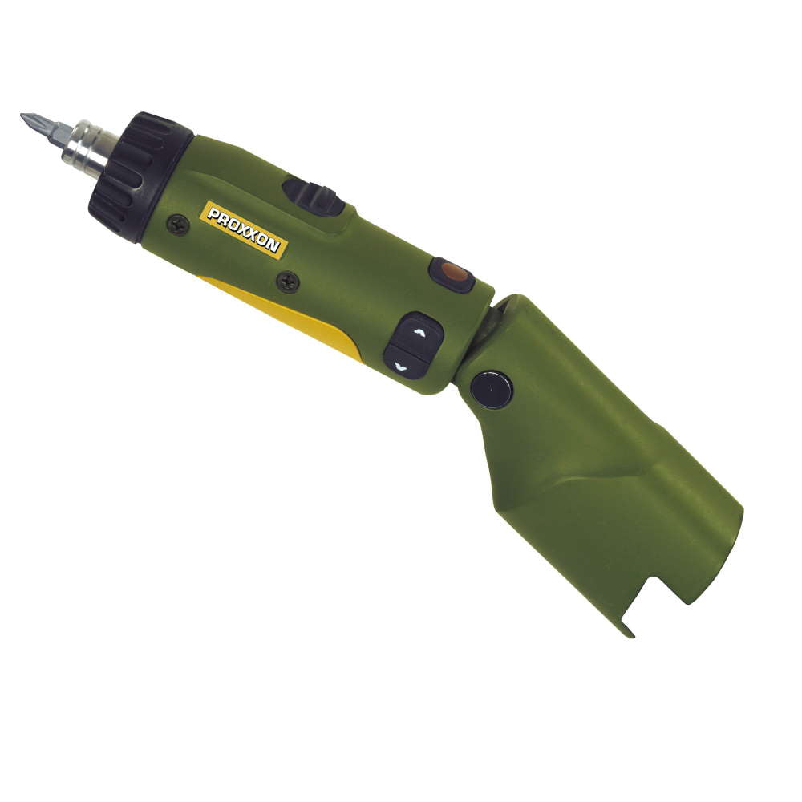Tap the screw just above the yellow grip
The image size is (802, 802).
[288, 282]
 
